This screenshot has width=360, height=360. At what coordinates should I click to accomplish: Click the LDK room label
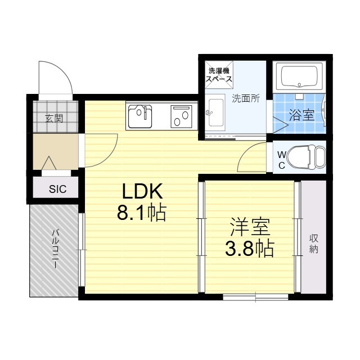click(x=142, y=191)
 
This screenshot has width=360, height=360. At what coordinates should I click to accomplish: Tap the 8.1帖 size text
click(x=141, y=212)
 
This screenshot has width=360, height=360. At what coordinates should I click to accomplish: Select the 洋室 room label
click(x=250, y=227)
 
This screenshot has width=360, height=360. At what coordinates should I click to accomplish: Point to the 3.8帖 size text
click(x=250, y=248)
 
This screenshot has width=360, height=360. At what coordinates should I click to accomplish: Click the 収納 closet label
click(x=314, y=244)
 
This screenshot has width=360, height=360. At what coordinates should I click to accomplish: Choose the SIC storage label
click(x=57, y=189)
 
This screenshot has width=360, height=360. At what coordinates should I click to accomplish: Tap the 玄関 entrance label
click(x=54, y=119)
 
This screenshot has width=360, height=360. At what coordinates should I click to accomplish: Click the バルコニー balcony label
click(x=55, y=249)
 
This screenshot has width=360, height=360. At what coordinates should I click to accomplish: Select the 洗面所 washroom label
click(x=246, y=98)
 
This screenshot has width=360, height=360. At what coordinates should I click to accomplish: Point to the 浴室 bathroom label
click(x=301, y=115)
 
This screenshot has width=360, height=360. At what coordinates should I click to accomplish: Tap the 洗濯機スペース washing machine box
click(x=219, y=75)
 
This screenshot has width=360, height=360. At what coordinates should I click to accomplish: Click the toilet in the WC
click(x=307, y=157)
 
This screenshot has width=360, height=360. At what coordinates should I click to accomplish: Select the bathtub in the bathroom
click(x=299, y=76)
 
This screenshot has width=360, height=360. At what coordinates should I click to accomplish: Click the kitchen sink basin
click(x=140, y=116)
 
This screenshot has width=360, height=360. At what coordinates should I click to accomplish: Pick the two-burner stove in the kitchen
click(x=181, y=116)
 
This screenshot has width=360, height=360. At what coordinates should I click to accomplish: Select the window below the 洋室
click(x=255, y=297)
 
